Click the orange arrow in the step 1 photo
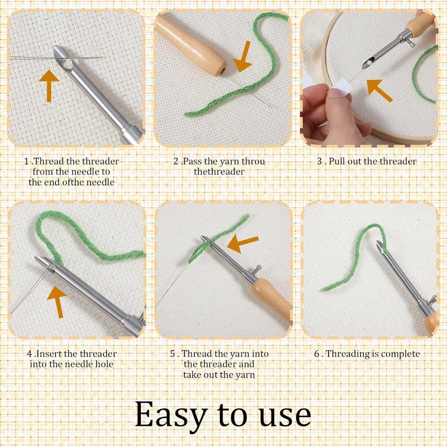[49, 85]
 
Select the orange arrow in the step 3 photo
[379, 90]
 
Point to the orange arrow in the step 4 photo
[57, 302]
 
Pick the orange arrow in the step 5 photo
[242, 243]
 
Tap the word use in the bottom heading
[285, 416]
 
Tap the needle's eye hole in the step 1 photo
[68, 63]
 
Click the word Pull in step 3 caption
[337, 161]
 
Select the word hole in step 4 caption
[104, 364]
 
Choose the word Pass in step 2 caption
[192, 161]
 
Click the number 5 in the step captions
[173, 354]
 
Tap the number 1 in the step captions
[26, 161]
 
